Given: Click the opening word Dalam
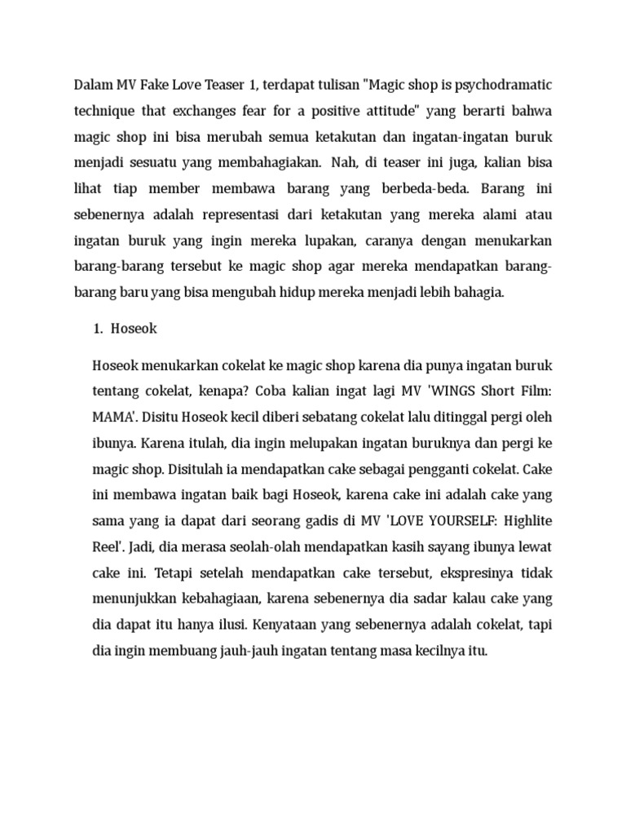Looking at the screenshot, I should point(95,84).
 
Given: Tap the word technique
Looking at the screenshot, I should point(105,111).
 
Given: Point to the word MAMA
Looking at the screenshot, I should point(114,416).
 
